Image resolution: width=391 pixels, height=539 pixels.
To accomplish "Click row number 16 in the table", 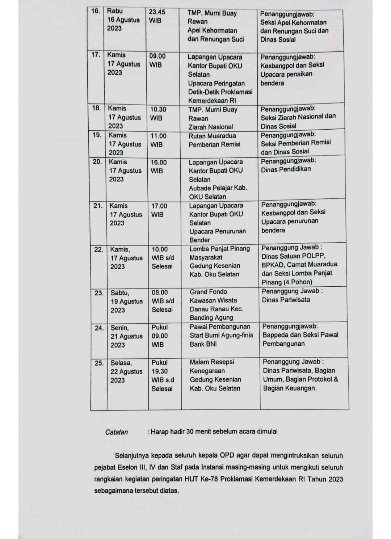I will [96, 11].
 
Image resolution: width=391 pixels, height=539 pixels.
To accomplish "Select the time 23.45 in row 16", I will [157, 12].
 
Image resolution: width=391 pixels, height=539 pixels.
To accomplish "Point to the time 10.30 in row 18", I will [158, 109].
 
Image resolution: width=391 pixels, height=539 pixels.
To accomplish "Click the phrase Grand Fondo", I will [208, 292].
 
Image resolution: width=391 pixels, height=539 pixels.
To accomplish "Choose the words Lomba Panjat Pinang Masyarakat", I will [219, 253].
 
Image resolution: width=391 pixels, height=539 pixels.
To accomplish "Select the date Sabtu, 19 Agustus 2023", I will [126, 301].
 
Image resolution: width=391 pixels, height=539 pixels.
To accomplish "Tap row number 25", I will [99, 363].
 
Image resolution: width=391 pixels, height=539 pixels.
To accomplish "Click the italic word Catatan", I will [117, 432].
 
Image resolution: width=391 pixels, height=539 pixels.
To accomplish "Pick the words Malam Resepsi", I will [212, 362].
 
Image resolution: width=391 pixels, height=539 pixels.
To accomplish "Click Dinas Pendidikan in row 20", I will [286, 169].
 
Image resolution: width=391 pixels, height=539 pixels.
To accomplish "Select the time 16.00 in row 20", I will [159, 163].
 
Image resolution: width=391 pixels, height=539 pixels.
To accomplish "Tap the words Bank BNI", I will [203, 344].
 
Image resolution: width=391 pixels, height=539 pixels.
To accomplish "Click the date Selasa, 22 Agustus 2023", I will [126, 371].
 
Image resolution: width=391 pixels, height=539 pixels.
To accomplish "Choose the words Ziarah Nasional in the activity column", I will [210, 127].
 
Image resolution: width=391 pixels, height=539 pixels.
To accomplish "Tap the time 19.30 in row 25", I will [160, 371].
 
